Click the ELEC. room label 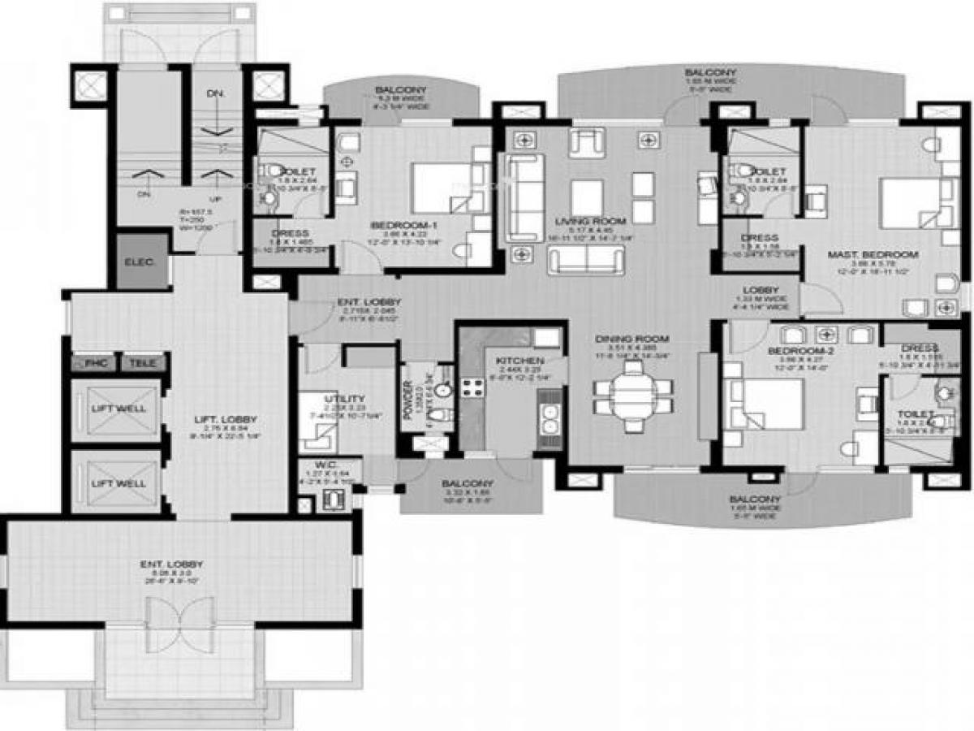(134, 263)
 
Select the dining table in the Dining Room (632, 396)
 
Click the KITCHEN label (515, 361)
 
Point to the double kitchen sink (549, 418)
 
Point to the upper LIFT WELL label (119, 409)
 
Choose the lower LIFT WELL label (119, 482)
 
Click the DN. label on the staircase (215, 94)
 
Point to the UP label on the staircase (215, 198)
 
